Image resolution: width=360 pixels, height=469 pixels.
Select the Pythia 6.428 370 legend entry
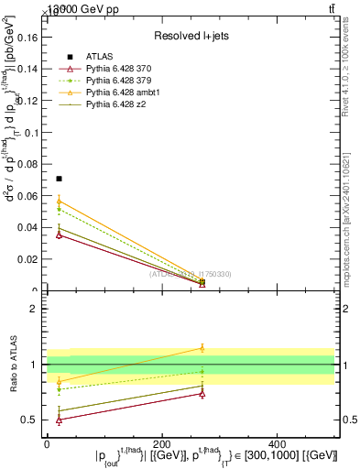[115, 70]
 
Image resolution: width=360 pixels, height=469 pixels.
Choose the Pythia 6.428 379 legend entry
[115, 82]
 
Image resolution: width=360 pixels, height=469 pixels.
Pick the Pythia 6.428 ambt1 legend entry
[118, 93]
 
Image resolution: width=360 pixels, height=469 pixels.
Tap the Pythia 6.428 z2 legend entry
[112, 105]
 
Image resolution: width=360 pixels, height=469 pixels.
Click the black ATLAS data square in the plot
[60, 179]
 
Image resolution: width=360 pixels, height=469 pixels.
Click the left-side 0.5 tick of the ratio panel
[33, 420]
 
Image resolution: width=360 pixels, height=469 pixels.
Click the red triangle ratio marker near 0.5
[60, 420]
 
